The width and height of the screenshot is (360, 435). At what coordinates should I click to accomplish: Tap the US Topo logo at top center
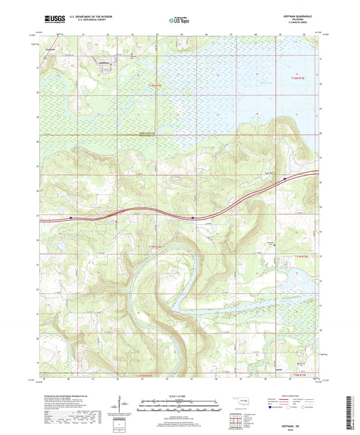tap(179, 20)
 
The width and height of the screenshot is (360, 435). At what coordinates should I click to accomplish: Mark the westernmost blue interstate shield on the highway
tap(71, 217)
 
